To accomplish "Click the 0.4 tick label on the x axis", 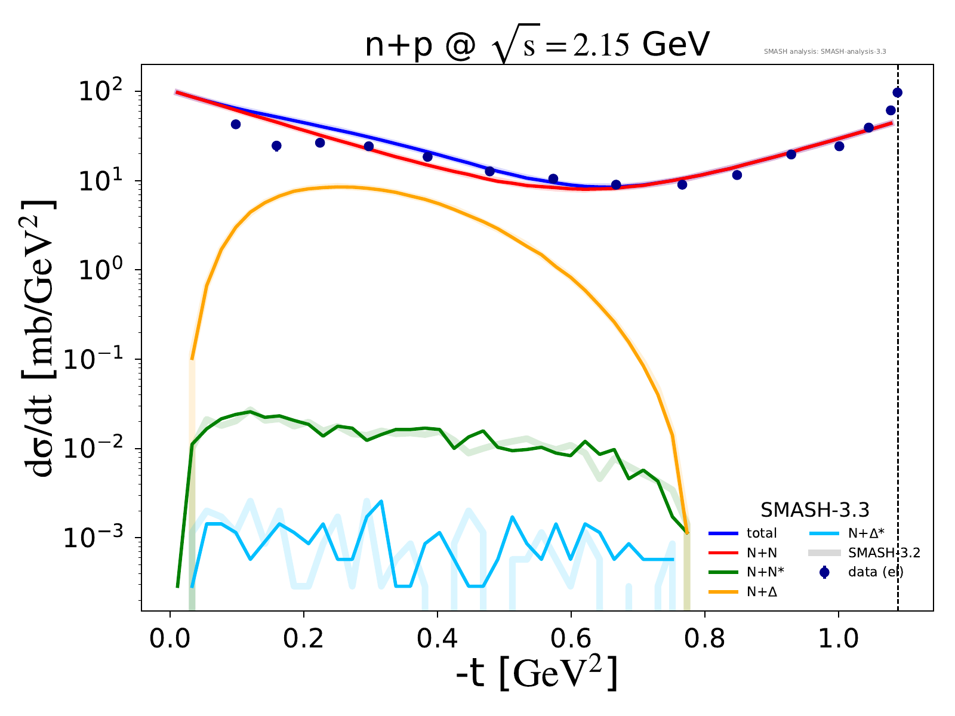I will pyautogui.click(x=438, y=638).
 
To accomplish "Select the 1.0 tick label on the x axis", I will pyautogui.click(x=838, y=638).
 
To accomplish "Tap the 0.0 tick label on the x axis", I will pyautogui.click(x=170, y=638).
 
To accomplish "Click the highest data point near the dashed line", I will pyautogui.click(x=897, y=92).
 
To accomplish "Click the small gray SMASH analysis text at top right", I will pyautogui.click(x=825, y=52).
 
